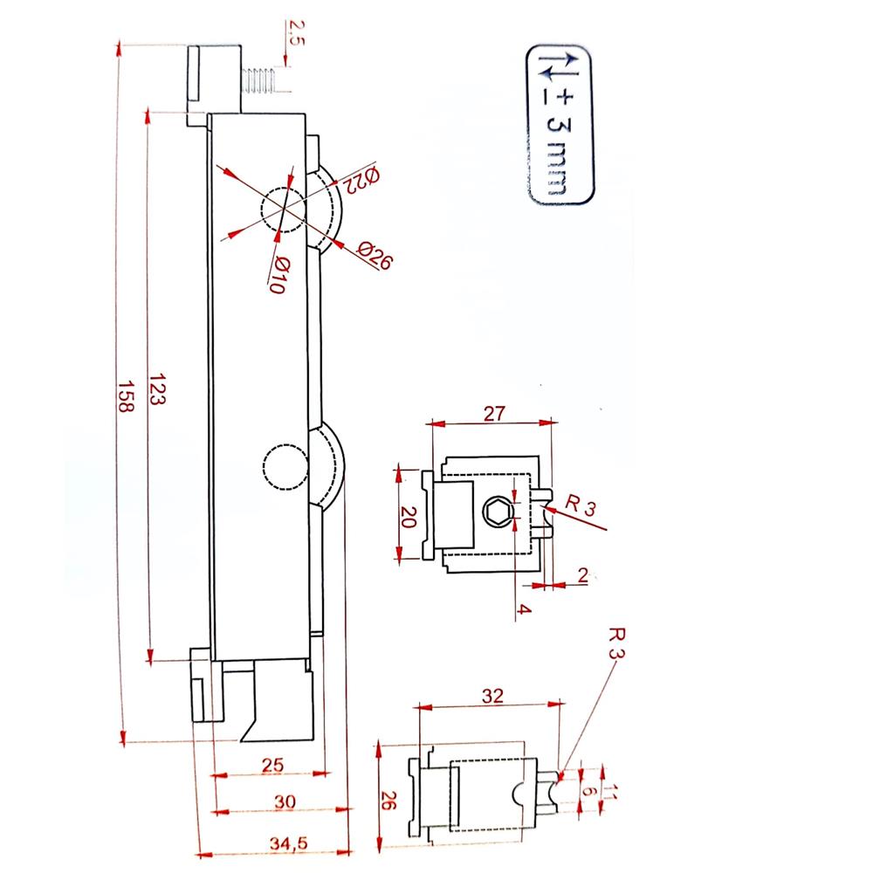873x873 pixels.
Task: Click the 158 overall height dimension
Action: (127, 395)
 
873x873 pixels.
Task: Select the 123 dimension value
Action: (157, 389)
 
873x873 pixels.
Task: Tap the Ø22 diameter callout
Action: (361, 179)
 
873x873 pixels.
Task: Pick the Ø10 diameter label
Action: (279, 274)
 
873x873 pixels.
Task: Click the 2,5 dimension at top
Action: (296, 33)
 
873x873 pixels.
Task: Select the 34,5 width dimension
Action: (288, 843)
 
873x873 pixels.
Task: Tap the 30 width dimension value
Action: (285, 801)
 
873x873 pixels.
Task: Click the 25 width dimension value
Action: (272, 765)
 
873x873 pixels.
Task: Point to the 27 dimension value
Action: (494, 414)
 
